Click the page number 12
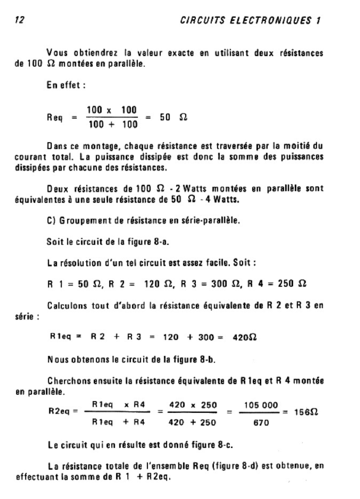20,20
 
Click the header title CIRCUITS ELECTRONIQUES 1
250,20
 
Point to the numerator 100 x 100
112,110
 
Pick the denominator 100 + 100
112,125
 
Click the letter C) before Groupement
50,220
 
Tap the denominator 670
261,422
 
